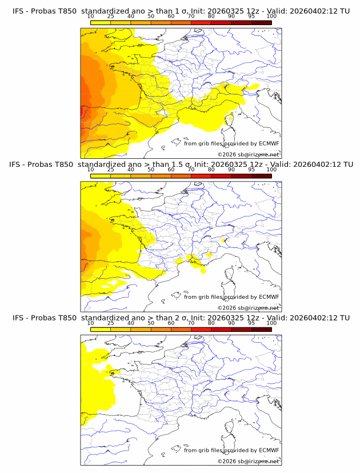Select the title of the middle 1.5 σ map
click(x=180, y=164)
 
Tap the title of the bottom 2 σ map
click(x=180, y=318)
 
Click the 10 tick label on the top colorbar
click(x=90, y=17)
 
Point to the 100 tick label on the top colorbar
click(x=271, y=17)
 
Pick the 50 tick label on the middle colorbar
click(x=151, y=170)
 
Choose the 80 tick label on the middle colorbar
click(x=211, y=170)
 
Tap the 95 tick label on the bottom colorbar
click(x=251, y=323)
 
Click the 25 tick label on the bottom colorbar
click(x=110, y=323)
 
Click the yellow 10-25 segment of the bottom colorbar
click(x=100, y=330)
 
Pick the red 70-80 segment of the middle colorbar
click(x=201, y=176)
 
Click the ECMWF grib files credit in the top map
click(x=231, y=143)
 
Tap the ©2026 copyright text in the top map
click(x=248, y=154)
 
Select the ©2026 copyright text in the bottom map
click(x=248, y=462)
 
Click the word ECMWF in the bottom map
click(x=269, y=451)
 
